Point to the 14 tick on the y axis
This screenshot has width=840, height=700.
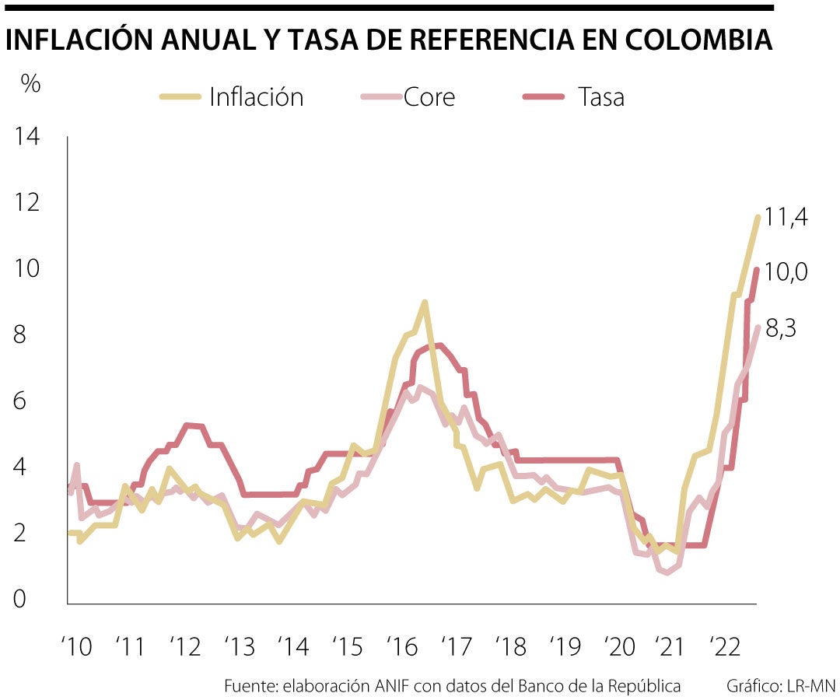[27, 137]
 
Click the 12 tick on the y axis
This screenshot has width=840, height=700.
[27, 203]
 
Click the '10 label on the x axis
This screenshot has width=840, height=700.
[77, 646]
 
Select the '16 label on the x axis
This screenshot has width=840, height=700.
[401, 646]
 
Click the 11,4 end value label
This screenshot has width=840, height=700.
[786, 217]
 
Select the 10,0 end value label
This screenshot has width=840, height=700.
[786, 271]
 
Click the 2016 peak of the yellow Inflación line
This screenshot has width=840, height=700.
[424, 302]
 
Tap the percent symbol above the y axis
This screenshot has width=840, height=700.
[30, 84]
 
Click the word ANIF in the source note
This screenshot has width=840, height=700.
[389, 686]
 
